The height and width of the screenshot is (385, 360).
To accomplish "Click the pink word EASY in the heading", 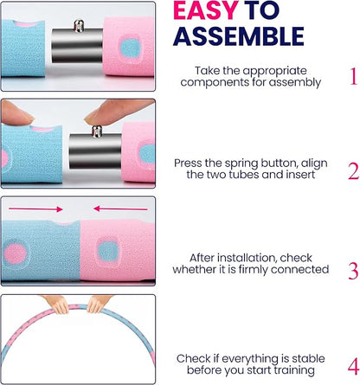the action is pos(206,10).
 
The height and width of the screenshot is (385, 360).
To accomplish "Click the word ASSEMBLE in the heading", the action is pos(239,36).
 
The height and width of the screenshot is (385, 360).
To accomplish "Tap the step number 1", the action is pos(354,76).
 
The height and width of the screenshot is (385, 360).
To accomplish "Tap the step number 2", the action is pos(353,171).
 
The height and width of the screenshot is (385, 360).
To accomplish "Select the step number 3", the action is pos(353,271).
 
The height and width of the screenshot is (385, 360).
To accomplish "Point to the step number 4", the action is pos(353,367).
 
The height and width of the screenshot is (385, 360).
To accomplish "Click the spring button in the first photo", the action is pos(79,25).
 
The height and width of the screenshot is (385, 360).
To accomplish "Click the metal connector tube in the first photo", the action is pos(77,45).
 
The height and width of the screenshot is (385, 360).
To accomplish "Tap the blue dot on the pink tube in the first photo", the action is pos(130,48).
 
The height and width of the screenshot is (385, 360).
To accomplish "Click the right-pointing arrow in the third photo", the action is pos(35,209).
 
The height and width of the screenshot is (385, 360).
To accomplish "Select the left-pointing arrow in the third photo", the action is pos(120,209).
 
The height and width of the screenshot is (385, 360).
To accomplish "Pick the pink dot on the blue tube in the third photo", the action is pos(15,253).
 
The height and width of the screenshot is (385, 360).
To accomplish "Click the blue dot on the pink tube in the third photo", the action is pos(108,251).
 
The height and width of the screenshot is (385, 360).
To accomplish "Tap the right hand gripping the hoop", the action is pos(98,304).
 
